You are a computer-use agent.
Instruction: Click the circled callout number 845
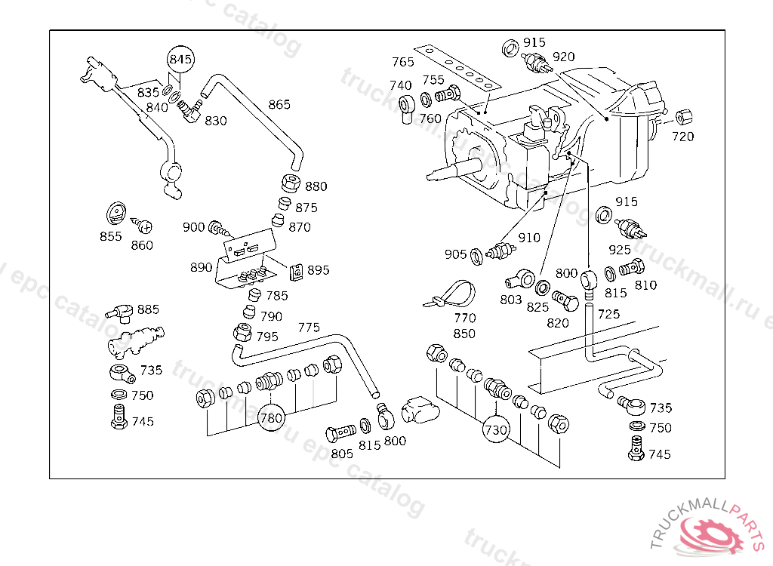click(x=180, y=58)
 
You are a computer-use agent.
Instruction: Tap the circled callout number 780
click(x=271, y=417)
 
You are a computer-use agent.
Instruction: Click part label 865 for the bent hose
click(x=279, y=104)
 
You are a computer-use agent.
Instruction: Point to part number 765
click(x=403, y=62)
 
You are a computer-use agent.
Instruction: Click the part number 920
click(x=563, y=57)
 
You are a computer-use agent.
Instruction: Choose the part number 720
click(x=682, y=137)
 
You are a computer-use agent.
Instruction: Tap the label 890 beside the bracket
click(x=201, y=267)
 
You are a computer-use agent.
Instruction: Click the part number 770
click(x=464, y=318)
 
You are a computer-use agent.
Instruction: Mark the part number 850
click(x=464, y=334)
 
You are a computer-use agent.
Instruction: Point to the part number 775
click(x=308, y=328)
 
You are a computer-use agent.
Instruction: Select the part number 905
click(x=455, y=254)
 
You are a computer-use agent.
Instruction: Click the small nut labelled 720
click(x=682, y=117)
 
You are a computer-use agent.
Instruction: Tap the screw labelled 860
click(x=144, y=225)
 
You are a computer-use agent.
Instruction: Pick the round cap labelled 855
click(x=115, y=212)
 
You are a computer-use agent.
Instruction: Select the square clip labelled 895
click(x=297, y=270)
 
